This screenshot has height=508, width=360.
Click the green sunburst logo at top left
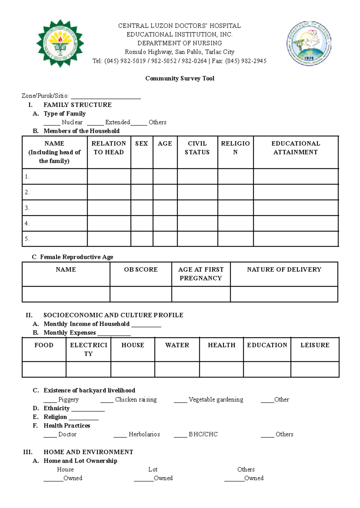(60, 43)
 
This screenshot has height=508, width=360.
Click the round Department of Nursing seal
(309, 43)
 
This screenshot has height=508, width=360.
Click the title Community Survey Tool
(180, 79)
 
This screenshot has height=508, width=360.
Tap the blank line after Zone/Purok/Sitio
(106, 97)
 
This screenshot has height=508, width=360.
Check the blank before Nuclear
(52, 123)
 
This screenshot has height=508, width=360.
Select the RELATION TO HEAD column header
(109, 148)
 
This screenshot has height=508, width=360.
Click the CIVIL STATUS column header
(197, 148)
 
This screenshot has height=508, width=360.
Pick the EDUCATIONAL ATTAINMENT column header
(295, 148)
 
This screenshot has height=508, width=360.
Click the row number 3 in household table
(27, 208)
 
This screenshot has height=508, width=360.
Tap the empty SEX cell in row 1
(142, 176)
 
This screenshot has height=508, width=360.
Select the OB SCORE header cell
(141, 270)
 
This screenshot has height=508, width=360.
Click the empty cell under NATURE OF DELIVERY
(284, 294)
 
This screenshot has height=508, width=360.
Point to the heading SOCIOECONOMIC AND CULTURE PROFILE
(113, 315)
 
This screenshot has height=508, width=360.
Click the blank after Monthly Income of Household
(146, 325)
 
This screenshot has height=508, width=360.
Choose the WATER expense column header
(177, 345)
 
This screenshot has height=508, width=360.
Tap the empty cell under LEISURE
(315, 369)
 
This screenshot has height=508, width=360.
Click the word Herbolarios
(144, 434)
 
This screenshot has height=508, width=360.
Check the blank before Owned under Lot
(143, 479)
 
